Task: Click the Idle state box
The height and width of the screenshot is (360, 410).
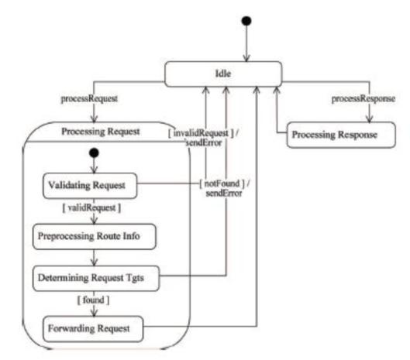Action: tap(223, 74)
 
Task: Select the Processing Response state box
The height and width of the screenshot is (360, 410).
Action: tap(341, 135)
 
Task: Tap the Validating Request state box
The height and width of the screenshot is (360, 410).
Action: tap(90, 186)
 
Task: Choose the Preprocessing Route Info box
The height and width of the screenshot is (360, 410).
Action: tap(95, 236)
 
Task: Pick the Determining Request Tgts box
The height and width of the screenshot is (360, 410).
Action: tap(96, 278)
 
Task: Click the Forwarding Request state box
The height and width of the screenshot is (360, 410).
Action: tap(93, 329)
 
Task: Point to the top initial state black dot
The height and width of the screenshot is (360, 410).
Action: tap(246, 21)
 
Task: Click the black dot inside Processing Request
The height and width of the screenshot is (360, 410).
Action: tap(94, 153)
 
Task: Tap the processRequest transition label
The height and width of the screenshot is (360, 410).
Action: tap(89, 99)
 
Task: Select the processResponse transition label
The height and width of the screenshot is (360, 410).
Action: tap(363, 99)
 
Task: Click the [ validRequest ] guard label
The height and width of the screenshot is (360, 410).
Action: tap(91, 208)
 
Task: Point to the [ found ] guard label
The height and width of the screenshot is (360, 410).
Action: tap(93, 300)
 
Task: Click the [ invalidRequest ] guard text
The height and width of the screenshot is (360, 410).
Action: tap(201, 133)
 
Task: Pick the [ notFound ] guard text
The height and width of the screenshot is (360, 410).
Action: tap(222, 183)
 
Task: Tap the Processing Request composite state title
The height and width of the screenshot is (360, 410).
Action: tap(101, 132)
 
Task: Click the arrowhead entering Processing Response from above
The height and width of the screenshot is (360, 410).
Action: tap(369, 119)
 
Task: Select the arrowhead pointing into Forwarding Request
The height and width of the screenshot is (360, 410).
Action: tap(94, 313)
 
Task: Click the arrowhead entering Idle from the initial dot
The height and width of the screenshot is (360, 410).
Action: tap(246, 58)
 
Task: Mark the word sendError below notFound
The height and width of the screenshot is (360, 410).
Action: tap(224, 194)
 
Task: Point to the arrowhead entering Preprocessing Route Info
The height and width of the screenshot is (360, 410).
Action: tap(94, 220)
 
